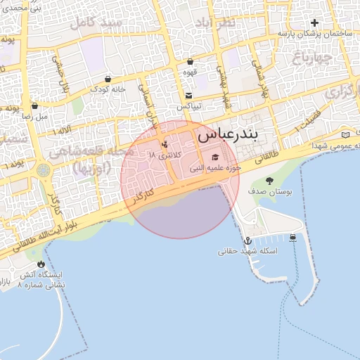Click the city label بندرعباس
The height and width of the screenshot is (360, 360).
[229, 132]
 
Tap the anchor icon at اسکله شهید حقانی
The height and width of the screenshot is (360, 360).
[247, 241]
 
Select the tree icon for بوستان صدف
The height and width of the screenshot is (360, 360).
[270, 181]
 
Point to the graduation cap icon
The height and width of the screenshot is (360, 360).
[215, 157]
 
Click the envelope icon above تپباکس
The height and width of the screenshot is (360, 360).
[188, 96]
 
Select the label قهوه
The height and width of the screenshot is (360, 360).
[190, 72]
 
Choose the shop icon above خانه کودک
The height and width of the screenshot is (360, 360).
[108, 79]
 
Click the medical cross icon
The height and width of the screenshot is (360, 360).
[314, 22]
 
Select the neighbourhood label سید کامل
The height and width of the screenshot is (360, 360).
[102, 23]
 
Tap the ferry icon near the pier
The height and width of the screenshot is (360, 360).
[293, 237]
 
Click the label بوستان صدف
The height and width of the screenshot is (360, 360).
[271, 191]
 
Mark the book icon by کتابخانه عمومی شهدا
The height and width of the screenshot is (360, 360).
[345, 134]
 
